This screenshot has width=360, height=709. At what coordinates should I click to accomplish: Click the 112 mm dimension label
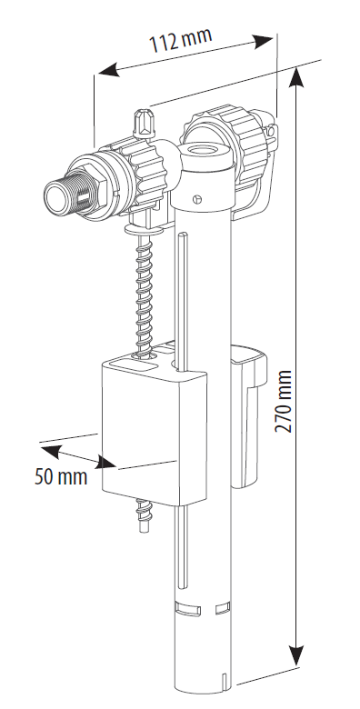coord(180,40)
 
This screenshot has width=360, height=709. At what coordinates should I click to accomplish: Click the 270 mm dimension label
coord(284,402)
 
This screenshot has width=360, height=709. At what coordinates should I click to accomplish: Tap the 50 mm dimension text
coord(61,476)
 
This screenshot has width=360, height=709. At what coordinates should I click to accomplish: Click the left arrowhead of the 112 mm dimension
coord(109,70)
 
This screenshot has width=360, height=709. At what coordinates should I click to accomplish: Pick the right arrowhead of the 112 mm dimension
coord(263,41)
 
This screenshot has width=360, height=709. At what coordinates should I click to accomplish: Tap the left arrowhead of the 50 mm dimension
coord(51,451)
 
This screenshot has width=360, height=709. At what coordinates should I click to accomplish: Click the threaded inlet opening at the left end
coord(55,195)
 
